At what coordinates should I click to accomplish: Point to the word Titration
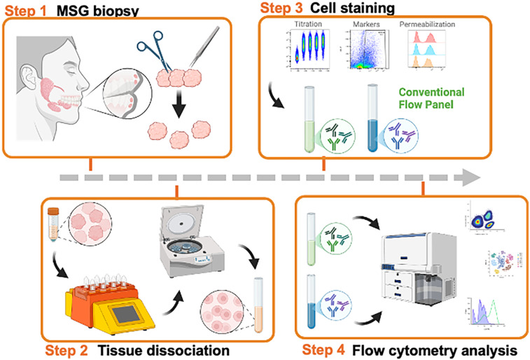[x=309, y=23]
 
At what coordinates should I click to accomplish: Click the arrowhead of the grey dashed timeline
[x=473, y=175]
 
